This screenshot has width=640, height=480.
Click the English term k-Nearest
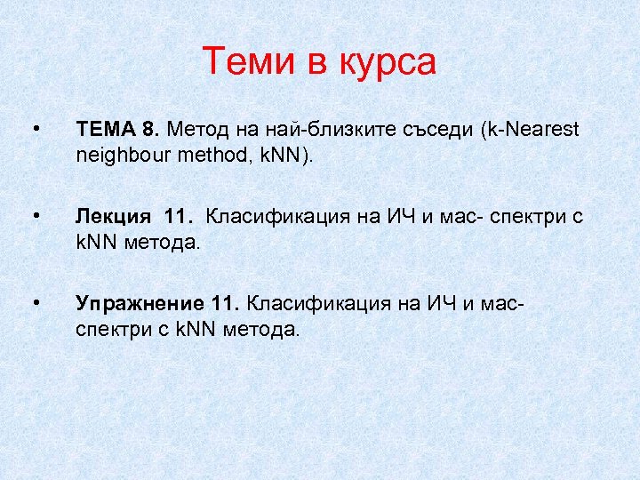529,131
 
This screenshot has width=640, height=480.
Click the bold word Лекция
113,218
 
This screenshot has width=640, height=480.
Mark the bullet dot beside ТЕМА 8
34,131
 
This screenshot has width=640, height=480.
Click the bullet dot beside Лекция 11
34,217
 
